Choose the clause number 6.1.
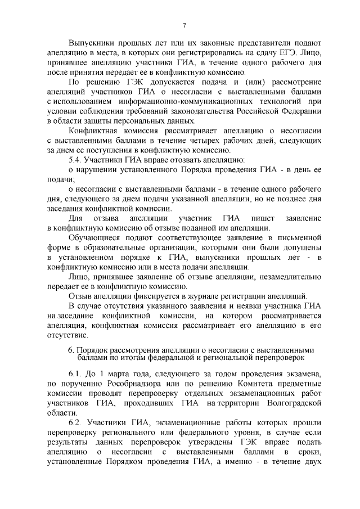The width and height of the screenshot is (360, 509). click(76, 374)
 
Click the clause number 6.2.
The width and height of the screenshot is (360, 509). click(76, 422)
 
